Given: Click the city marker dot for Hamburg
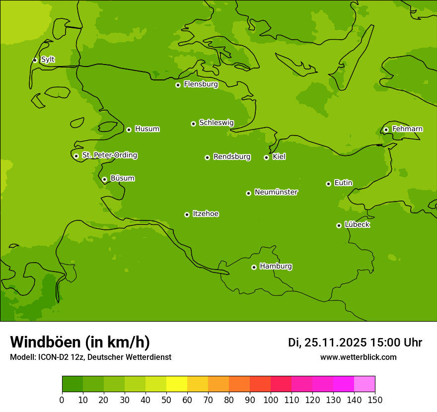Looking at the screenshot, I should [x=254, y=267].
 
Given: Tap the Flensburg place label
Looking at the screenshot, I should [x=201, y=84].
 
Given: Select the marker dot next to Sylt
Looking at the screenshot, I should [x=35, y=60].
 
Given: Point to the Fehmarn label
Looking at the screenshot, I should [x=407, y=129].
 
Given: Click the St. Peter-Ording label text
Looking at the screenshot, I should [x=109, y=155].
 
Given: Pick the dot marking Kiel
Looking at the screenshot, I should [x=266, y=157].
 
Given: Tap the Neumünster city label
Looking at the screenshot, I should [x=276, y=192].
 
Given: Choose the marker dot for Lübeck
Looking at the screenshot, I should [x=339, y=225].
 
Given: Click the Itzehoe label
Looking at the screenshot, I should [x=206, y=214].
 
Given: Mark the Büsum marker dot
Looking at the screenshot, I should [x=104, y=179].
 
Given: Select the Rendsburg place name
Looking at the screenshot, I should [x=232, y=157].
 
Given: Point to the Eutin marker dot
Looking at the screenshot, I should [x=328, y=184].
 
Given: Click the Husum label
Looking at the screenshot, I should [x=147, y=129].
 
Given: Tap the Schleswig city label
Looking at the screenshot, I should [x=216, y=123].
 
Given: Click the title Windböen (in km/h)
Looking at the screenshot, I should [x=80, y=342].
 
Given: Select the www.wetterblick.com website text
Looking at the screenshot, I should [x=358, y=357].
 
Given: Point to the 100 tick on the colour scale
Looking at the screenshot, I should [x=271, y=400].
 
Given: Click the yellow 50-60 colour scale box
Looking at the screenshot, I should [x=177, y=384].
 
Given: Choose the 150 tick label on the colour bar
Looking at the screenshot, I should [x=375, y=400].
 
